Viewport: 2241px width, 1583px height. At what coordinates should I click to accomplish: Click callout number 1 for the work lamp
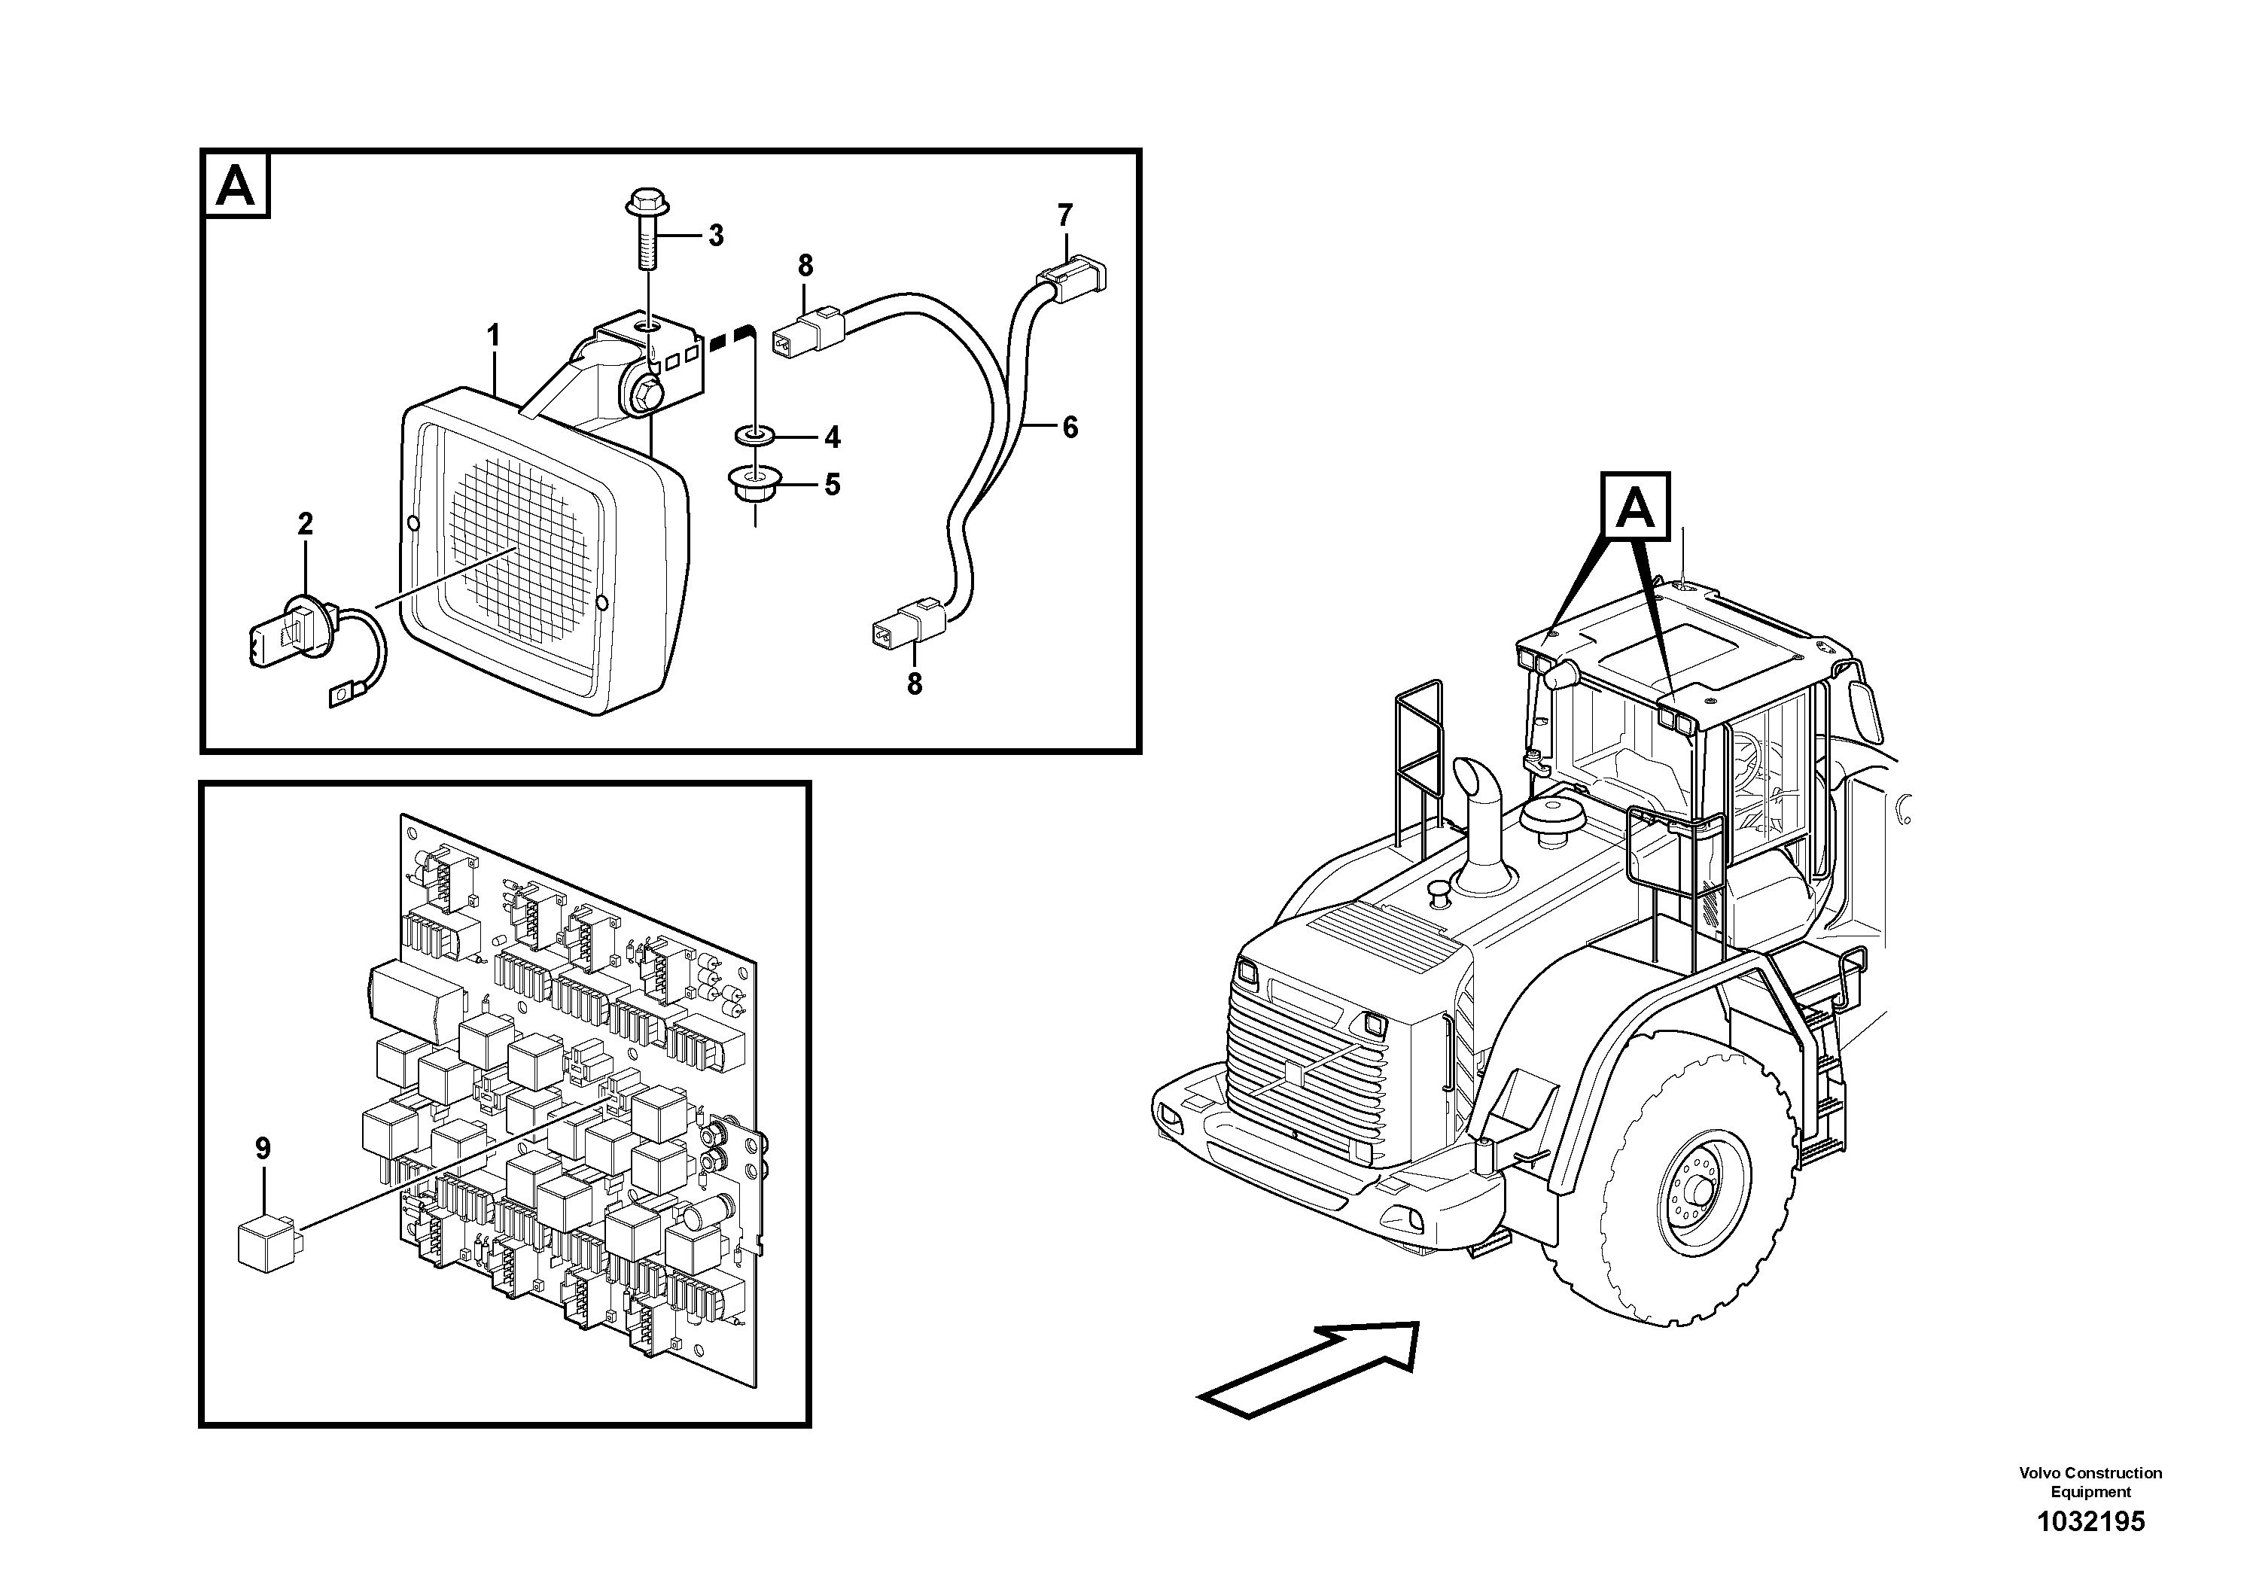click(494, 336)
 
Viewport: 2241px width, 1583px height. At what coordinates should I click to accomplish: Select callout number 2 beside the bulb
click(306, 524)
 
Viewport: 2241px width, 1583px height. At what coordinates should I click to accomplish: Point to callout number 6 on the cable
click(1070, 428)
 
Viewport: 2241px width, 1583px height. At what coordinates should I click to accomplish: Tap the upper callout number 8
click(805, 266)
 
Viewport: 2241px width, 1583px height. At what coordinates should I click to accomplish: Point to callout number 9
click(263, 1149)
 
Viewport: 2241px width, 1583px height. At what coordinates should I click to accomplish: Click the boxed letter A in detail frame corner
click(235, 185)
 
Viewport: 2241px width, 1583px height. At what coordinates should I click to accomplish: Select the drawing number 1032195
click(2090, 1521)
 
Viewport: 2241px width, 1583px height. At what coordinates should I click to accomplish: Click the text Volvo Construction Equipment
click(2090, 1481)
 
